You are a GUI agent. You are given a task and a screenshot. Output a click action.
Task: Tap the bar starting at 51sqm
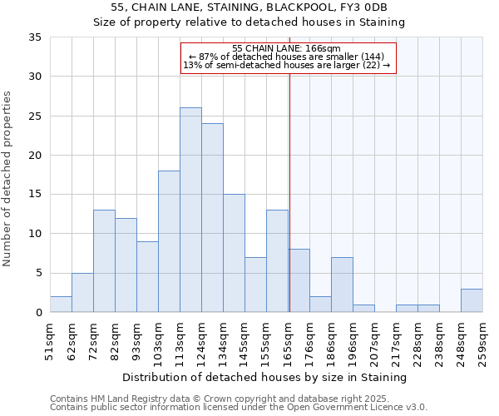61,305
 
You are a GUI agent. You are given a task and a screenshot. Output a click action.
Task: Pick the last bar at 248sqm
472,300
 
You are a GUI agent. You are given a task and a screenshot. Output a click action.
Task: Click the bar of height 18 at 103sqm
169,241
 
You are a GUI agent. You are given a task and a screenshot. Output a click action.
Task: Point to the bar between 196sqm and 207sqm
363,308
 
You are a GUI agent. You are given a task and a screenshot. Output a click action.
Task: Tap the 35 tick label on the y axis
35,37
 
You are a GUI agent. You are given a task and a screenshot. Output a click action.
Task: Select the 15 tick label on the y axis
35,195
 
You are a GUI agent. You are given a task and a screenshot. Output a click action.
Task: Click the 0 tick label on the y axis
38,313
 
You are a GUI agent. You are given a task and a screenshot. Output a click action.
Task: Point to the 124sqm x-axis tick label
202,341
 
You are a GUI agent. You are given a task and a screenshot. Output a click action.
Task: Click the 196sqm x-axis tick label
353,341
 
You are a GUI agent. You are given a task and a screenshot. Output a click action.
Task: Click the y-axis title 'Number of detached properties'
9,179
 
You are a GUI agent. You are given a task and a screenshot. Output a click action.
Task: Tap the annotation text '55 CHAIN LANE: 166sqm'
287,48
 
